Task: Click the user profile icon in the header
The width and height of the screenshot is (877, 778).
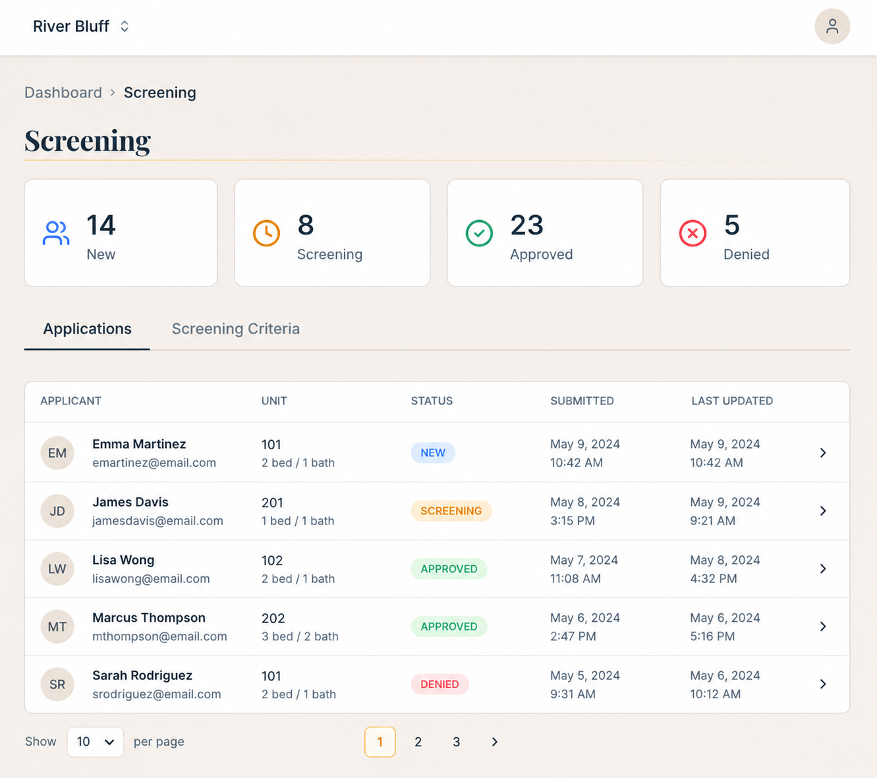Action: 832,26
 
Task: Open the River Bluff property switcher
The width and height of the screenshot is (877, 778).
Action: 81,26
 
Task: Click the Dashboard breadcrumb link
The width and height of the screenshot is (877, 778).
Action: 63,93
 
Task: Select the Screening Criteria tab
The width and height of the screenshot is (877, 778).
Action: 235,329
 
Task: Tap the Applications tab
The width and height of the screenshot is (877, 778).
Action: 87,329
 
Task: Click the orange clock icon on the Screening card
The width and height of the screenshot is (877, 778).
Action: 266,233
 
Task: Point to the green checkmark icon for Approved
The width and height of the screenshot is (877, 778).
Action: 479,233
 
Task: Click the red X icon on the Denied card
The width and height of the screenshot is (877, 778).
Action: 693,233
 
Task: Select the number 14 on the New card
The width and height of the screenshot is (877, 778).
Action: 101,225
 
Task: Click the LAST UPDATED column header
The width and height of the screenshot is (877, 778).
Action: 732,401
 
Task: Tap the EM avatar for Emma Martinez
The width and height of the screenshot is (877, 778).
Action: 57,453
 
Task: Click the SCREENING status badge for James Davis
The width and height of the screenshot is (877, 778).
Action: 451,511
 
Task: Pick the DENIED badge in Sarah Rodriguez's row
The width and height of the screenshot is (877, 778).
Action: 439,684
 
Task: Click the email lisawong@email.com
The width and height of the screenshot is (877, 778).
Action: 151,578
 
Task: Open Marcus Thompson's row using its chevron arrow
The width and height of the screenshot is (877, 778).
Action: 823,626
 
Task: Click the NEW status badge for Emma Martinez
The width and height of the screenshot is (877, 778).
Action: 433,453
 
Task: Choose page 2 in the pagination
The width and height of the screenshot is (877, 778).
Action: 418,742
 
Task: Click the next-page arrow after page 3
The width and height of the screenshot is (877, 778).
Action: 494,742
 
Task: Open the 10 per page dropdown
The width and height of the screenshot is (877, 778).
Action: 96,742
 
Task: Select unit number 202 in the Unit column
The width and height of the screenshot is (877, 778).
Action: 273,619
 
